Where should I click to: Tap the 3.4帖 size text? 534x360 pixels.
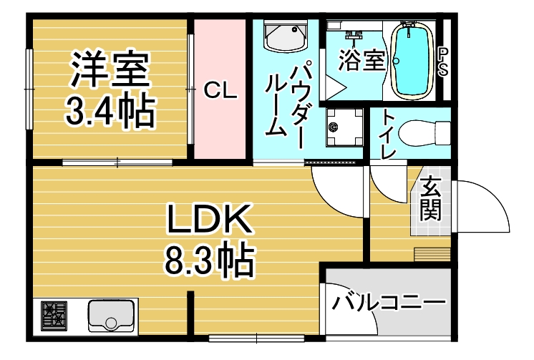(110, 110)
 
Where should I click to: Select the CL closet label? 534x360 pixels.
(220, 91)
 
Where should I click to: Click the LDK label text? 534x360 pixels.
(209, 218)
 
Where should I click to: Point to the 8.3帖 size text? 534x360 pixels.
(210, 261)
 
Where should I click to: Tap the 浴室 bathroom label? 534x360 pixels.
(361, 60)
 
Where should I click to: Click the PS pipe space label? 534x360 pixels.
(443, 62)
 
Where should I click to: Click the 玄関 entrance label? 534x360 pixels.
(430, 198)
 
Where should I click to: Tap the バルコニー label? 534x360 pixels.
(389, 301)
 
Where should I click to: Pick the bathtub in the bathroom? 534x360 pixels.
(412, 60)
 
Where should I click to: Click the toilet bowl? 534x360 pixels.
(424, 133)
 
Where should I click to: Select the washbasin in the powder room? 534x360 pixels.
(286, 36)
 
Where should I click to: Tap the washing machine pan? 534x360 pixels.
(344, 127)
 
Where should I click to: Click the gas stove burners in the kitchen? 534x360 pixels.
(54, 316)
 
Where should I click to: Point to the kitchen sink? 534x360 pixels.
(112, 316)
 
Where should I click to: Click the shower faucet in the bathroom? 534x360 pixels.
(354, 35)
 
